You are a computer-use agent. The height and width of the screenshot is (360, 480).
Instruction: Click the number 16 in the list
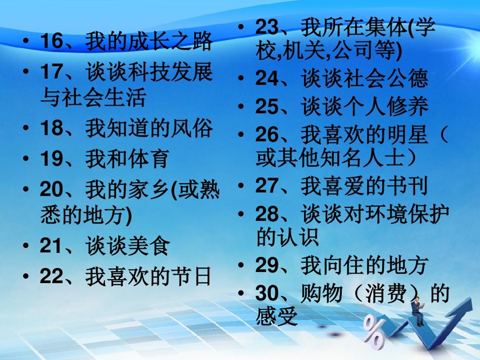point(51,41)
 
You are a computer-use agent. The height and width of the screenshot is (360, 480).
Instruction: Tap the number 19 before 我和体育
point(51,159)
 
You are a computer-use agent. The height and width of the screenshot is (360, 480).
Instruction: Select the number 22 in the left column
point(51,276)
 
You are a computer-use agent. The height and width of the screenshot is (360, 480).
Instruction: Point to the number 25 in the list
point(267,107)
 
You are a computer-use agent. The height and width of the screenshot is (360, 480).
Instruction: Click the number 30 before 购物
point(267,293)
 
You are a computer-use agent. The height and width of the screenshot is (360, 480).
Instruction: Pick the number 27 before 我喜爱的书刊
point(267,186)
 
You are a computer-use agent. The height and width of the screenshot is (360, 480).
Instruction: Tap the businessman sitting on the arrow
point(418,312)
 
